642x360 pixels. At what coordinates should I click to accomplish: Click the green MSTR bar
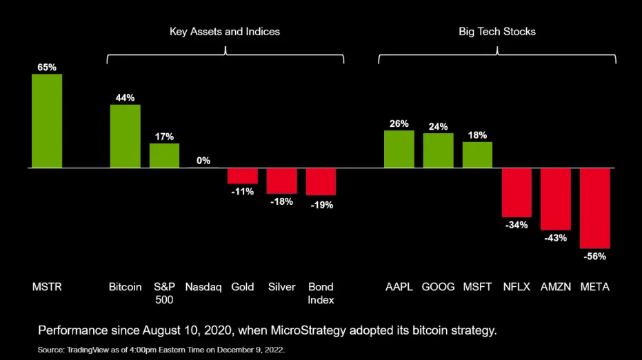pyautogui.click(x=47, y=121)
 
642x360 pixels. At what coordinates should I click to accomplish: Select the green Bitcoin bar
pyautogui.click(x=125, y=136)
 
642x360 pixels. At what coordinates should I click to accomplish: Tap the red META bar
pyautogui.click(x=595, y=208)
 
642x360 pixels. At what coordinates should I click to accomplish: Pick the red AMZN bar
pyautogui.click(x=556, y=199)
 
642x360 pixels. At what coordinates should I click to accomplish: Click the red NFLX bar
pyautogui.click(x=516, y=192)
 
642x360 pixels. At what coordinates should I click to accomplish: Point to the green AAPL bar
pyautogui.click(x=399, y=149)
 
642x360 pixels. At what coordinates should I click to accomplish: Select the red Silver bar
pyautogui.click(x=281, y=181)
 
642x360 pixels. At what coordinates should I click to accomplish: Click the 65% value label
pyautogui.click(x=47, y=68)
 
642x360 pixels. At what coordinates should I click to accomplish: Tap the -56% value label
pyautogui.click(x=594, y=256)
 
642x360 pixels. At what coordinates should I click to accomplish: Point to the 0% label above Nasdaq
pyautogui.click(x=203, y=161)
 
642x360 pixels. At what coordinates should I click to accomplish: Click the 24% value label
pyautogui.click(x=438, y=127)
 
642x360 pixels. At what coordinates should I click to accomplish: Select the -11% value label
pyautogui.click(x=243, y=191)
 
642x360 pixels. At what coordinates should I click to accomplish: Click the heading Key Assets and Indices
pyautogui.click(x=225, y=32)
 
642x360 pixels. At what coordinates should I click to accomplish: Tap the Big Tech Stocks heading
pyautogui.click(x=496, y=32)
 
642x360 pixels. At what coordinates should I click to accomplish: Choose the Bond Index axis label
pyautogui.click(x=321, y=293)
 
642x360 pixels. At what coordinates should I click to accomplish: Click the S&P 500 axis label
pyautogui.click(x=164, y=293)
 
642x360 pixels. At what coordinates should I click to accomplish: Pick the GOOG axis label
pyautogui.click(x=438, y=287)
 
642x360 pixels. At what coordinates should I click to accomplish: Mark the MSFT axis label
pyautogui.click(x=477, y=287)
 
